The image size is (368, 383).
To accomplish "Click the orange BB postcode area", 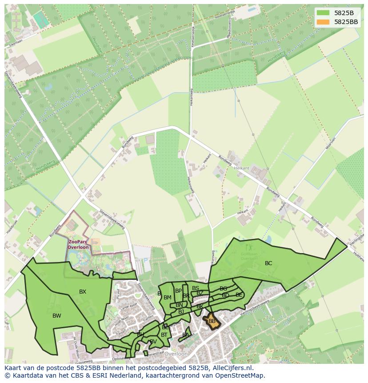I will (212, 321).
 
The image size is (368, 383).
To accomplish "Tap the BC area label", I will (268, 263).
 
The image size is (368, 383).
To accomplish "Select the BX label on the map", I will (83, 292).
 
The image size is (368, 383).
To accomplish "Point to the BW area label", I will (57, 316).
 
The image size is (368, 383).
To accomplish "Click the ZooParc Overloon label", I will (78, 244).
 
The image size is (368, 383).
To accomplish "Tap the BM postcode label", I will (168, 298).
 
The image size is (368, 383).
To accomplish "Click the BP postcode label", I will (178, 291).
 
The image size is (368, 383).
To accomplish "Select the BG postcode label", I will (223, 289).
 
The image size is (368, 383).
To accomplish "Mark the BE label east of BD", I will (239, 295).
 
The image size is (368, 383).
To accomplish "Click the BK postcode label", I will (200, 306).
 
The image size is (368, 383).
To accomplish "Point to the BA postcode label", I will (186, 335).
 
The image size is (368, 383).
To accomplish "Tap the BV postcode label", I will (153, 342).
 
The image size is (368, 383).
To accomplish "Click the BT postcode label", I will (164, 335).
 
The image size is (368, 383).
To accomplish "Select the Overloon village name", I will (176, 354).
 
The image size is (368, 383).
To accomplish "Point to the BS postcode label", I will (196, 288).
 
